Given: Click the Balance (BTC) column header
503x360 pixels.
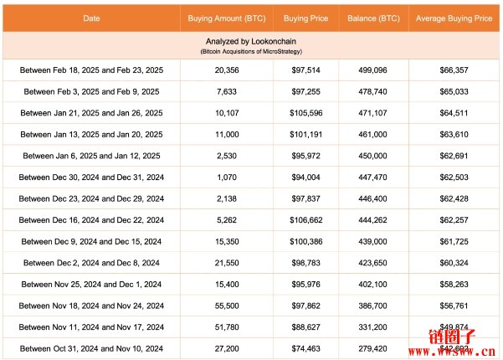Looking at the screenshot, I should pos(372,18).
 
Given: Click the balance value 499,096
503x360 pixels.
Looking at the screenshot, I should pos(372,71).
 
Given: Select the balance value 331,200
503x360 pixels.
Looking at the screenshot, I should pos(372,327).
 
